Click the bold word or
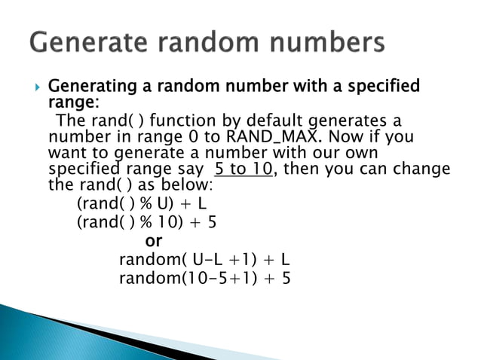pos(153,241)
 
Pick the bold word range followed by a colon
pos(72,102)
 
